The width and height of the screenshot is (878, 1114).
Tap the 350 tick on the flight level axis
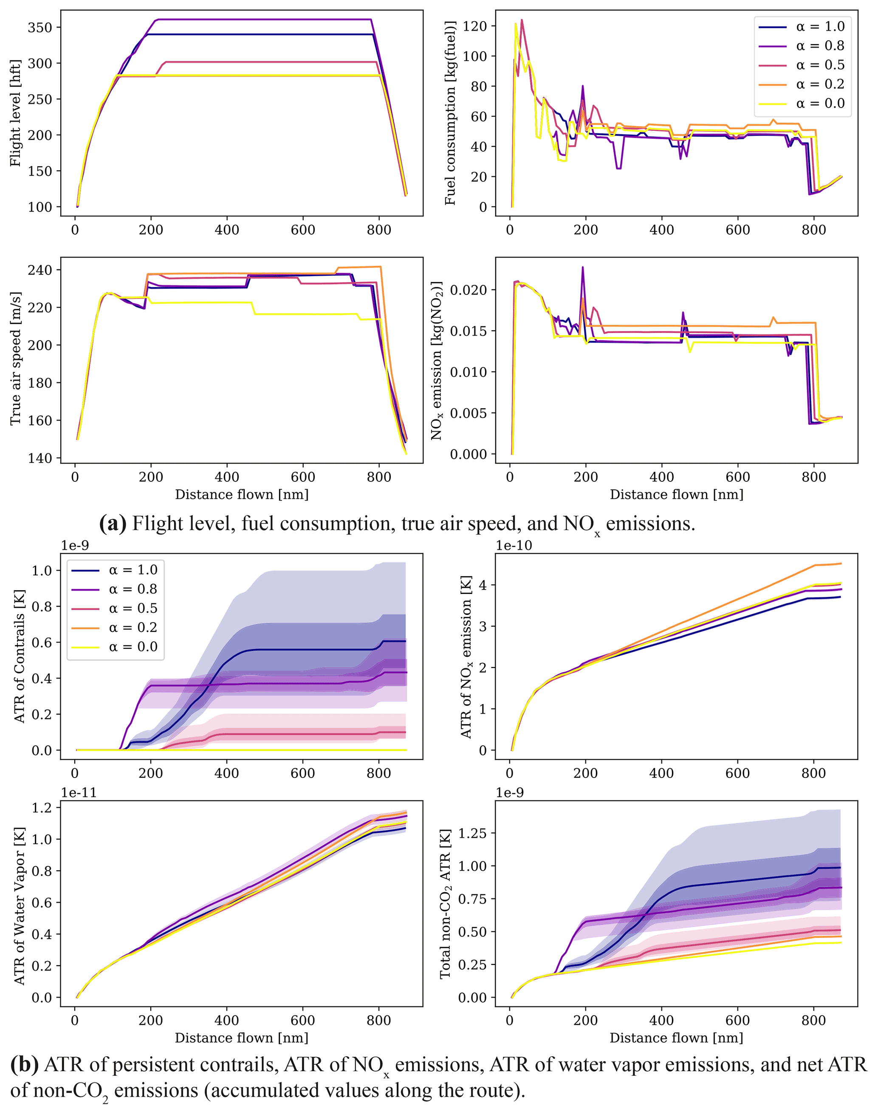pyautogui.click(x=40, y=27)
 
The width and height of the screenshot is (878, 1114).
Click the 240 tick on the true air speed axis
pyautogui.click(x=40, y=270)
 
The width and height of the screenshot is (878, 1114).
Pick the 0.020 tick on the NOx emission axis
pyautogui.click(x=468, y=290)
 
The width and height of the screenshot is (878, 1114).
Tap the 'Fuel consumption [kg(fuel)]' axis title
pyautogui.click(x=450, y=113)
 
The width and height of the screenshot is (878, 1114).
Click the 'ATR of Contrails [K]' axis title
pyautogui.click(x=19, y=656)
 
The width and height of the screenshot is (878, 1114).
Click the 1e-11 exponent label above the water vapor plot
pyautogui.click(x=79, y=792)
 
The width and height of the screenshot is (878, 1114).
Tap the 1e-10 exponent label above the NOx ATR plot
pyautogui.click(x=514, y=546)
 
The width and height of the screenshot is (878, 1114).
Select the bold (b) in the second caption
pyautogui.click(x=24, y=1064)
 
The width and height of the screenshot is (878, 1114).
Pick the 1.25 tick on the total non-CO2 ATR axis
pyautogui.click(x=472, y=833)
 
